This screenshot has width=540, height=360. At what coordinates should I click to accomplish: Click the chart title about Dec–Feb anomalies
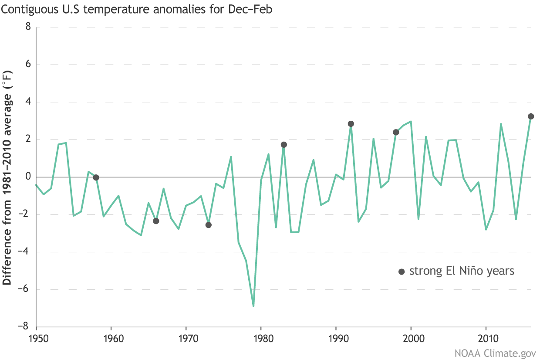coord(136,9)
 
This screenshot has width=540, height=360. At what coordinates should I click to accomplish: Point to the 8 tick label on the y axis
coord(28,27)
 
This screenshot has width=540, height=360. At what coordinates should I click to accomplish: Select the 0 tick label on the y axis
coord(28,177)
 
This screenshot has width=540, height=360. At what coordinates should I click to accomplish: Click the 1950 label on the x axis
coord(36,339)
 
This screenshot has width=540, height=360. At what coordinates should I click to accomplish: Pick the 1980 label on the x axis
coord(261,339)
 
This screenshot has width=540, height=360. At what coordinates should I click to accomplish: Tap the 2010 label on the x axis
coord(486,339)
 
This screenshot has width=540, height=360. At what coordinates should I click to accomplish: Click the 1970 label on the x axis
coord(186,339)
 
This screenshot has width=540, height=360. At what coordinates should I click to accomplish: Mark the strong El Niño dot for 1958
coord(96,177)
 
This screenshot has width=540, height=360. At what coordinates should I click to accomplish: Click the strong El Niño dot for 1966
coord(156,221)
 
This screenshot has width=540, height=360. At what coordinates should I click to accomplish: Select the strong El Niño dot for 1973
coord(209,225)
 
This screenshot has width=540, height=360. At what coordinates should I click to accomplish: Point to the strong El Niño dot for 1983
coord(283,145)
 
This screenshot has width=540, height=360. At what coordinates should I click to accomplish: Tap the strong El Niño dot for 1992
coord(351,124)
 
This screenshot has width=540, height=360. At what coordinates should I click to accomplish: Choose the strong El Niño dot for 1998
coord(396,132)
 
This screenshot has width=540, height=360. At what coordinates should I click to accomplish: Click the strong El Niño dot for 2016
coord(531,116)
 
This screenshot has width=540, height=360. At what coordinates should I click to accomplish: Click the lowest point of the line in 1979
coord(253,306)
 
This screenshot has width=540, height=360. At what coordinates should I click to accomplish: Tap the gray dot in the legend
coord(402,272)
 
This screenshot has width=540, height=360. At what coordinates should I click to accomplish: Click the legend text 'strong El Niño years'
coord(462,271)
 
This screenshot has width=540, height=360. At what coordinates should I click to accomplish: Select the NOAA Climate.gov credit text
coord(495,352)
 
